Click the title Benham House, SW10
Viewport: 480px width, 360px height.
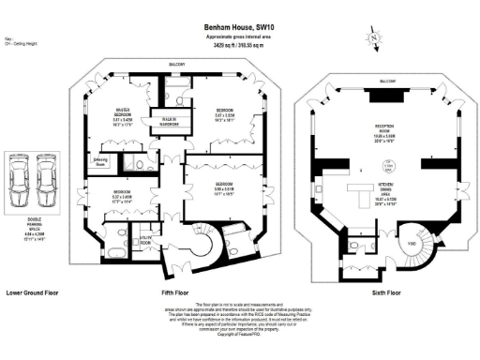pos(239,29)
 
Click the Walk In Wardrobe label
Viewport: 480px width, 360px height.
pos(171,120)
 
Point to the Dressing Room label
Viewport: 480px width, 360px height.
pos(102,159)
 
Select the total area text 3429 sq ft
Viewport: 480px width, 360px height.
pos(239,44)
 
